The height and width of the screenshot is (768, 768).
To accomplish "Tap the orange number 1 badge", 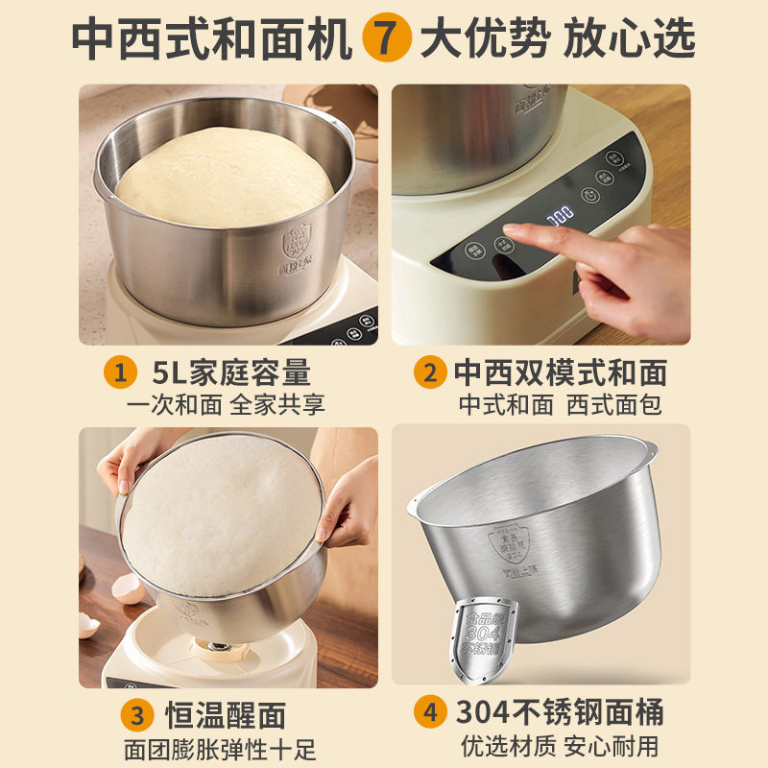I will click(x=121, y=372).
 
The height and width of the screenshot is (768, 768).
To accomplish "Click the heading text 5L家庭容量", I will click(x=231, y=372).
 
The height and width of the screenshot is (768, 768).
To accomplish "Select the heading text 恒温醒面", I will click(x=226, y=715).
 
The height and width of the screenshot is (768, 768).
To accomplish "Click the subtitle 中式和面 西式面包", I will click(x=559, y=404).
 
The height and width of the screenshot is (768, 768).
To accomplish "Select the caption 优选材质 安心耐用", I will click(x=559, y=745).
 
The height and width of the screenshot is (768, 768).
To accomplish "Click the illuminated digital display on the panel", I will click(x=560, y=214).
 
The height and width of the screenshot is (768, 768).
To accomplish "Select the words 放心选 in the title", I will click(x=629, y=40).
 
